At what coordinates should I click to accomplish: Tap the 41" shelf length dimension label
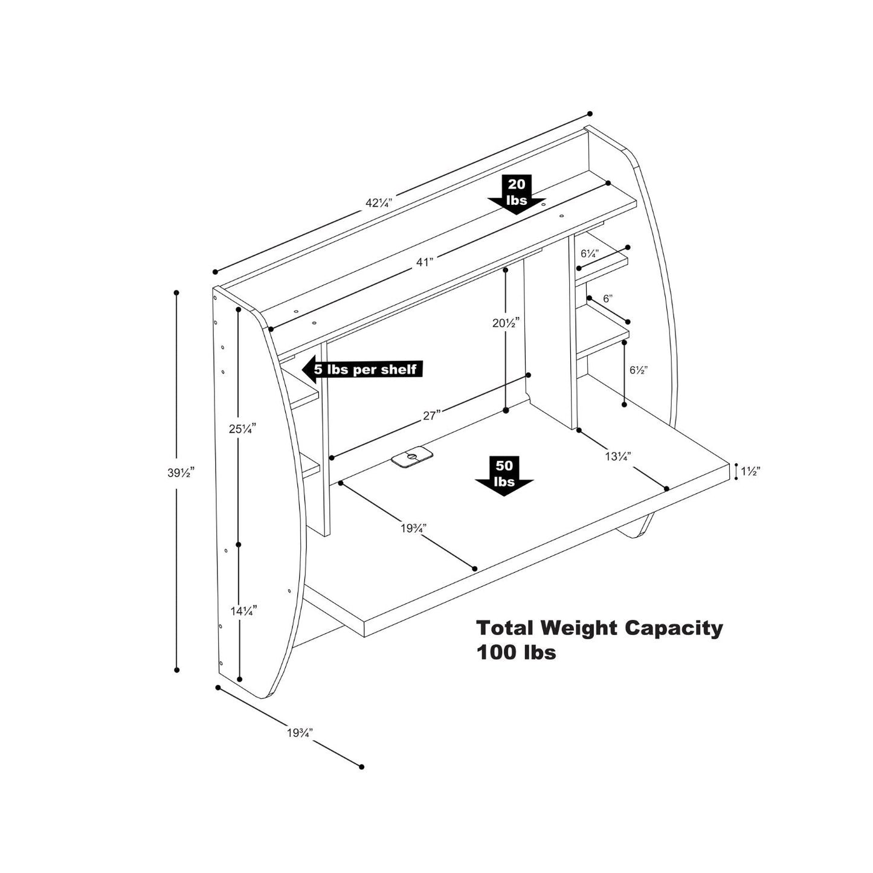(x=425, y=262)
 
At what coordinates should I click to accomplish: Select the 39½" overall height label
(x=180, y=473)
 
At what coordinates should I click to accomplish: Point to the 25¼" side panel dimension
(x=242, y=428)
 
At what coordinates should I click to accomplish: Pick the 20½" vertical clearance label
(x=506, y=323)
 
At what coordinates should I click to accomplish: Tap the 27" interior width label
(x=430, y=415)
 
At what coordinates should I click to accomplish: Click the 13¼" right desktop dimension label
(x=618, y=456)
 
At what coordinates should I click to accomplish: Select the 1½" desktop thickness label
(x=750, y=471)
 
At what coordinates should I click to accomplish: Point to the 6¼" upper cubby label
(x=589, y=253)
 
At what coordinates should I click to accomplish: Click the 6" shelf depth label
(x=607, y=298)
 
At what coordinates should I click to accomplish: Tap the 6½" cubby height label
(x=638, y=370)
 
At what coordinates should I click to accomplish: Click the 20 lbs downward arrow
(x=517, y=194)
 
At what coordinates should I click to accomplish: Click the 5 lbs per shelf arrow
(x=362, y=369)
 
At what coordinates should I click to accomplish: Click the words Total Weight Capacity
(x=599, y=628)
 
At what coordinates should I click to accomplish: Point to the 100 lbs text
(x=516, y=652)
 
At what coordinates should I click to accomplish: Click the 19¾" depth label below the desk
(x=299, y=733)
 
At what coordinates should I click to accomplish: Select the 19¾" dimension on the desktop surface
(x=413, y=527)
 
